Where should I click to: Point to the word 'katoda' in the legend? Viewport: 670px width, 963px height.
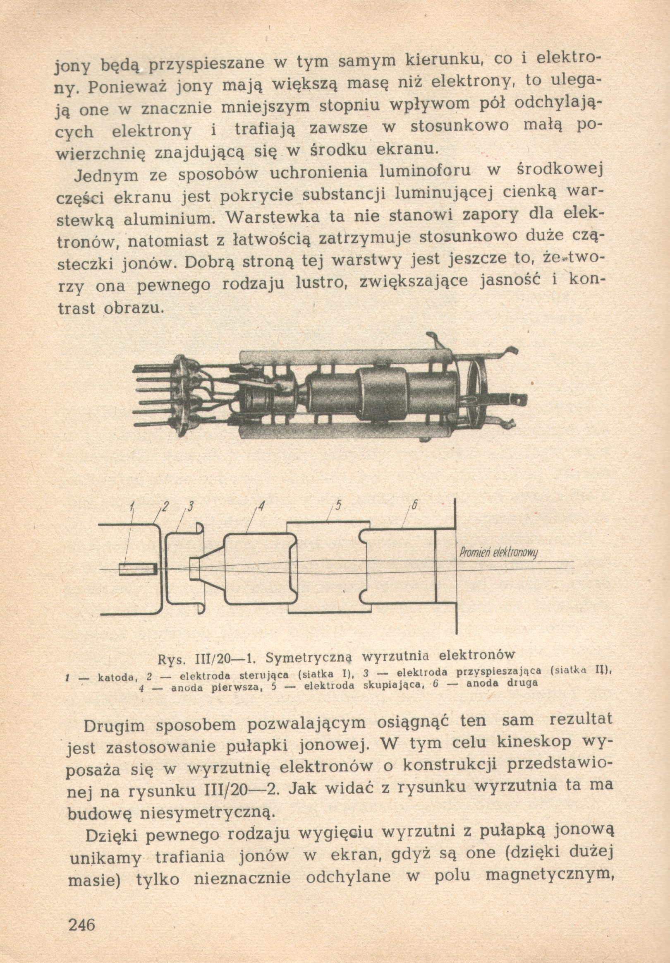tap(115, 676)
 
